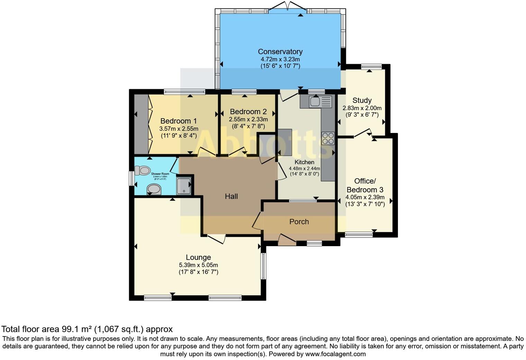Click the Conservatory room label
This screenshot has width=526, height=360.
(280, 52)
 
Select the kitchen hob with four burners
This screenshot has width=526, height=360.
(328, 138)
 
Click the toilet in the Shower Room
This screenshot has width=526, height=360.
(143, 170)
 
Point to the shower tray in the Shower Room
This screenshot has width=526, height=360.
(183, 186)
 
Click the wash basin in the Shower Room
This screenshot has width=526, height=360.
(154, 189)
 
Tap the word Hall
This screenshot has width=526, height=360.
(231, 196)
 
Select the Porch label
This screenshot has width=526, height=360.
(299, 222)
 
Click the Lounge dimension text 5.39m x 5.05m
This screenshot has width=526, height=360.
(198, 265)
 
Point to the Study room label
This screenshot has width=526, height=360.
(362, 100)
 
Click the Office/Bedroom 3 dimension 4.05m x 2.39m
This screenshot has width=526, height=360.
(365, 197)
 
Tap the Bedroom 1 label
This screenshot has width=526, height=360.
(179, 121)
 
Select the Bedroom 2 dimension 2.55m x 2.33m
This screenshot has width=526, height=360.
(248, 119)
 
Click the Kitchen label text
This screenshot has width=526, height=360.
(304, 162)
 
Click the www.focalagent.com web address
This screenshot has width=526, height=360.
(335, 354)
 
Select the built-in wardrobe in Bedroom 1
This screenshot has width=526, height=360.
(141, 124)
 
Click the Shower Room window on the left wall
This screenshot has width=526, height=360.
(131, 179)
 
